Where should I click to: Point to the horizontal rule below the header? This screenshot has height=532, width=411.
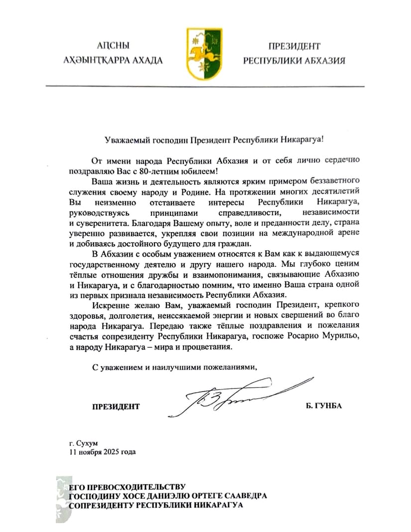[205, 86]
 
